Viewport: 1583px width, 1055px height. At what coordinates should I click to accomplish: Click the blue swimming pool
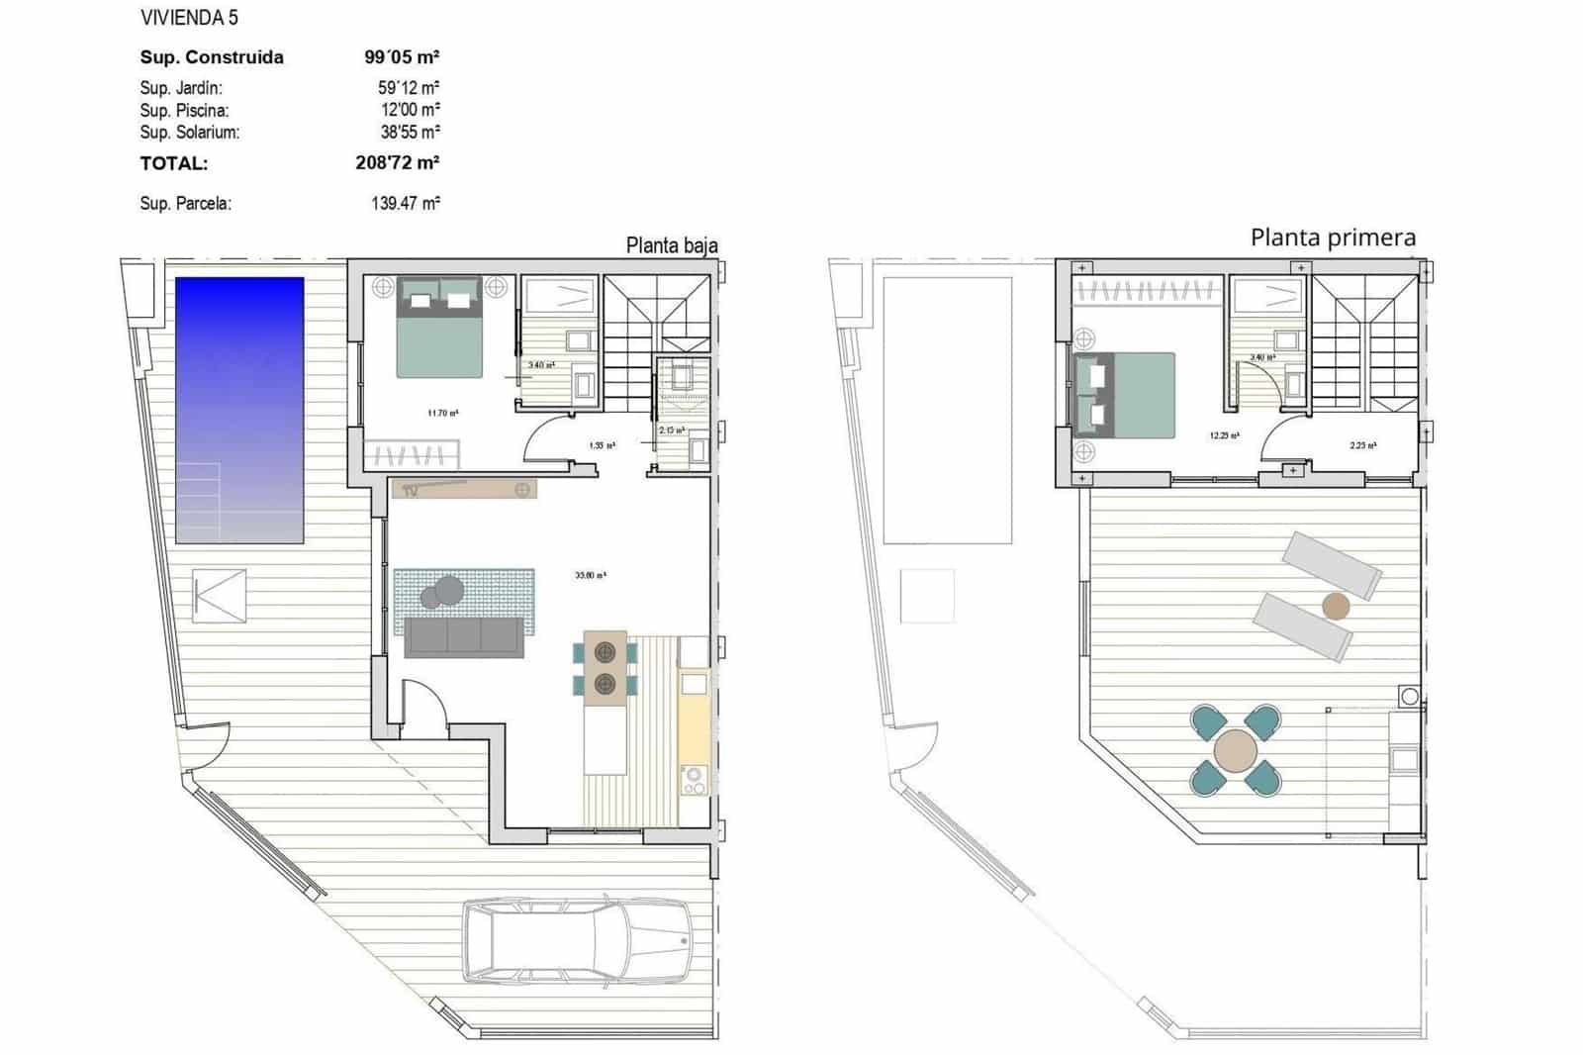[x=239, y=409]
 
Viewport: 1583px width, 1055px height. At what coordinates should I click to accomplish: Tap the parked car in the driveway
[x=579, y=941]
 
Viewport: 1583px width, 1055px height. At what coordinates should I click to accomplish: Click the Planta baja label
[x=672, y=245]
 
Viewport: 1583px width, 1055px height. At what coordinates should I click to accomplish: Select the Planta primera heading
[x=1333, y=238]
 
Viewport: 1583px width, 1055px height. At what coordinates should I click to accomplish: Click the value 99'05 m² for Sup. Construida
[x=402, y=57]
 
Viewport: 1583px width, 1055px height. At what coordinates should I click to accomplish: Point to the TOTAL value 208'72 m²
[x=397, y=162]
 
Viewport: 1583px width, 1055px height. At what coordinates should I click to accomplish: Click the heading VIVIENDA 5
[x=189, y=18]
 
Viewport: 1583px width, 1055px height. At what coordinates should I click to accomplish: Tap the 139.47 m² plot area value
[x=405, y=204]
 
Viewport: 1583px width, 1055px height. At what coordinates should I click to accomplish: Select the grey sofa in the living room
[x=464, y=637]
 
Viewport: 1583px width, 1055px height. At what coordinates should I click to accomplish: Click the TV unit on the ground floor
[x=464, y=488]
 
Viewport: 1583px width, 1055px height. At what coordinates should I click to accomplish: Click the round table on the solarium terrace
[x=1236, y=750]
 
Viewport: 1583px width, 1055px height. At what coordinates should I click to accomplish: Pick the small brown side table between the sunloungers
[x=1336, y=606]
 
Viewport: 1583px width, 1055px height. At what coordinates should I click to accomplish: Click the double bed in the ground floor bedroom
[x=439, y=328]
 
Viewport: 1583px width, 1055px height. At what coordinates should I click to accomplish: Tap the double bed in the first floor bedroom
[x=1126, y=395]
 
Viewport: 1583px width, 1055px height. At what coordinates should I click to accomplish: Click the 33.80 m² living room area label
[x=591, y=574]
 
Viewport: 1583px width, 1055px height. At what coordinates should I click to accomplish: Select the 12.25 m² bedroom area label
[x=1224, y=434]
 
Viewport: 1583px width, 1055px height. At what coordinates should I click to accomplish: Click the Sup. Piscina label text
[x=184, y=110]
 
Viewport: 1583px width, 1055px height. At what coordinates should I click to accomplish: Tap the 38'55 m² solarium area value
[x=410, y=132]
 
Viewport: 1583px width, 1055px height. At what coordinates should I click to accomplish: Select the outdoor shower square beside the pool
[x=219, y=595]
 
